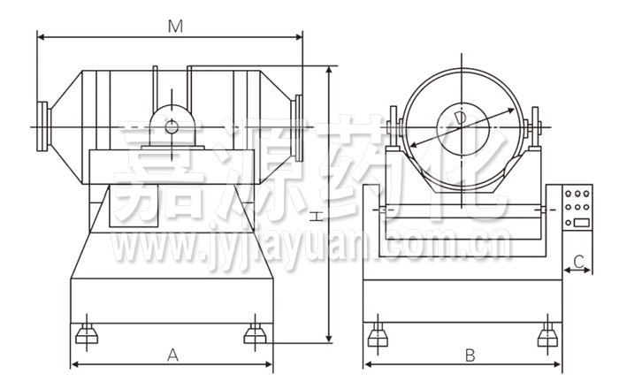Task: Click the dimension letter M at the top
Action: click(175, 27)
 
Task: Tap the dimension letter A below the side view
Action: click(173, 355)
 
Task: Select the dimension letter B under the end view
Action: click(470, 355)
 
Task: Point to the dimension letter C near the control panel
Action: click(578, 261)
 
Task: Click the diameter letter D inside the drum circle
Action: click(461, 118)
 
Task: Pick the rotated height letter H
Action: click(315, 217)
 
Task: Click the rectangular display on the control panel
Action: click(582, 223)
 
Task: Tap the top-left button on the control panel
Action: click(569, 194)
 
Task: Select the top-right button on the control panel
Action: click(586, 194)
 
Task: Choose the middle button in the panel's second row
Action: click(577, 207)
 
